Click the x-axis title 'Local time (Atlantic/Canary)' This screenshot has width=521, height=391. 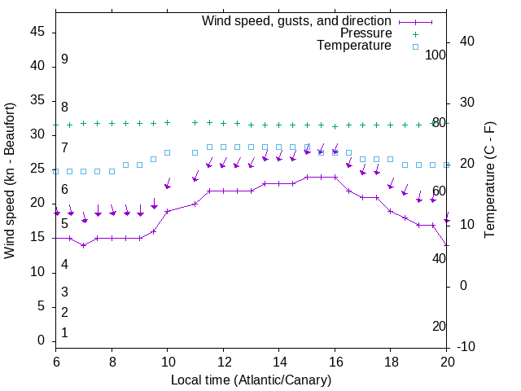251,380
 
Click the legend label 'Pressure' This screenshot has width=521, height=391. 366,33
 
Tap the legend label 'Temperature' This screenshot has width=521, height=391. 354,46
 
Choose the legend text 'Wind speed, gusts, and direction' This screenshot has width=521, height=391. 297,21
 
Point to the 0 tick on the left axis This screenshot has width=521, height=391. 43,340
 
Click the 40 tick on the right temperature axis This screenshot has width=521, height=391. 468,42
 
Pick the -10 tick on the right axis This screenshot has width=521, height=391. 467,347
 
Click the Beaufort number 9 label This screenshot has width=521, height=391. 64,59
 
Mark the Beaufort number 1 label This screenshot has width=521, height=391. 64,333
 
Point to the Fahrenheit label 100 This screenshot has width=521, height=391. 436,55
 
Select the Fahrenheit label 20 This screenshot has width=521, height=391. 439,326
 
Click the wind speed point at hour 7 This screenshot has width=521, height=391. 84,245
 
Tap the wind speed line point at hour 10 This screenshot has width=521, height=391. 168,211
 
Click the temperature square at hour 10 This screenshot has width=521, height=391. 168,152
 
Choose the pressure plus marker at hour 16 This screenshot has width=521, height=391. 335,127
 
